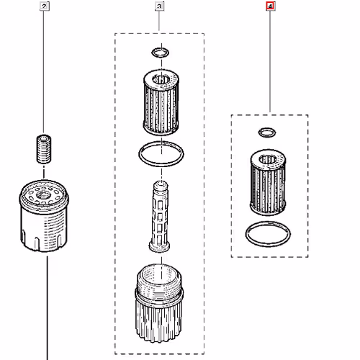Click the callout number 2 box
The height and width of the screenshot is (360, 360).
click(x=45, y=6)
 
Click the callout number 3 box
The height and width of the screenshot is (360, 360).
click(x=160, y=6)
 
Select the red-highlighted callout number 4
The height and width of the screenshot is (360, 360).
click(x=270, y=6)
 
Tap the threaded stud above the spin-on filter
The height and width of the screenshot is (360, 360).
click(x=44, y=149)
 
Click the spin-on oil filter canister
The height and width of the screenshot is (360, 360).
click(x=44, y=216)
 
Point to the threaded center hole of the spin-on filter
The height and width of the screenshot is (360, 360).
click(x=43, y=196)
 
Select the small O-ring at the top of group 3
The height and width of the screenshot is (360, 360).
click(x=161, y=53)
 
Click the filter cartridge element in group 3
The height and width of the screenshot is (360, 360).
click(x=161, y=102)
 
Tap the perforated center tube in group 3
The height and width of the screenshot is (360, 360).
click(x=159, y=216)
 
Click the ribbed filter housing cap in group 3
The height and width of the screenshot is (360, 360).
click(x=159, y=302)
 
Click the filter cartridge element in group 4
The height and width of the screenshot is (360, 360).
click(x=268, y=182)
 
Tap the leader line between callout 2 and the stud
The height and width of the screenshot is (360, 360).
click(x=43, y=72)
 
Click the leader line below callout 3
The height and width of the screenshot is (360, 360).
click(x=159, y=21)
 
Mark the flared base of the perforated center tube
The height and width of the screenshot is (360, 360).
click(x=159, y=247)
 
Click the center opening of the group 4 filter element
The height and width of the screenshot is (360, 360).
click(x=268, y=159)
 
